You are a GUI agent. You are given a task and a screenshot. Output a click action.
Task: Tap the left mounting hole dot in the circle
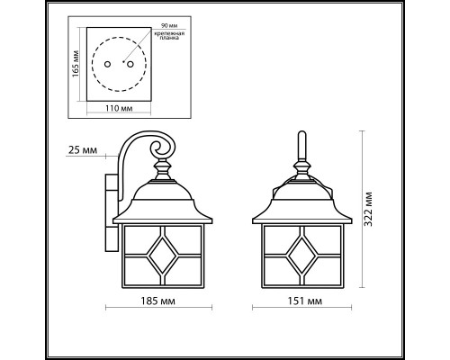pos(108,66)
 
